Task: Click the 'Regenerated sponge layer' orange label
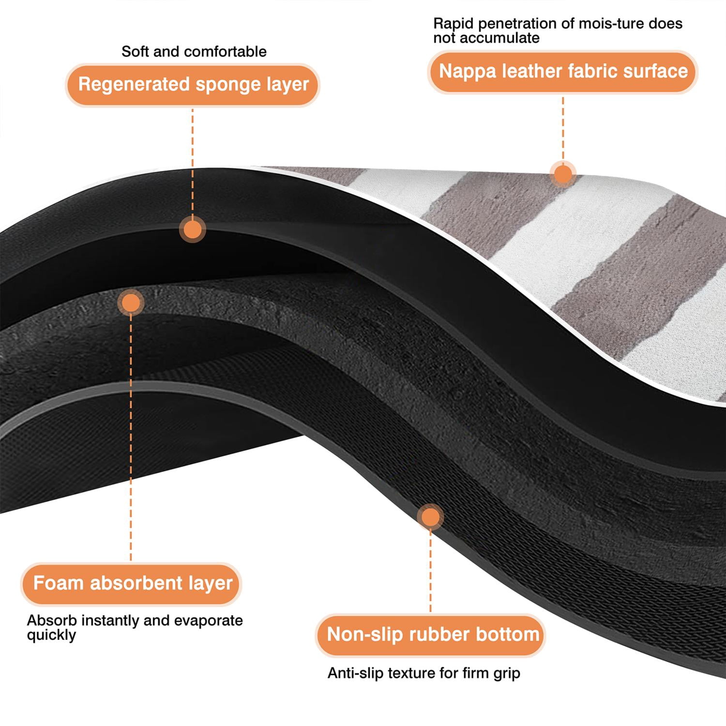pos(193,85)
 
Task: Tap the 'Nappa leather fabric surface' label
pos(563,71)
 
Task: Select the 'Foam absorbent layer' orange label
pos(131,583)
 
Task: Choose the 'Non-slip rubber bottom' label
pos(431,635)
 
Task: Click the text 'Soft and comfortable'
pos(194,51)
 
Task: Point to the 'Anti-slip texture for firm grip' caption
pos(424,673)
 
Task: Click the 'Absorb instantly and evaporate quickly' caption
pos(135,628)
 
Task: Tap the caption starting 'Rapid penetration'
pos(558,30)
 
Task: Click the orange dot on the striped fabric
pos(563,173)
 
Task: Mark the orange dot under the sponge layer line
pos(193,229)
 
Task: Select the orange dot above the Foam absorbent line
pos(131,303)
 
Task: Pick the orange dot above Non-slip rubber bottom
pos(430,517)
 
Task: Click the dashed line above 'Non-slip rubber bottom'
pos(430,572)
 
